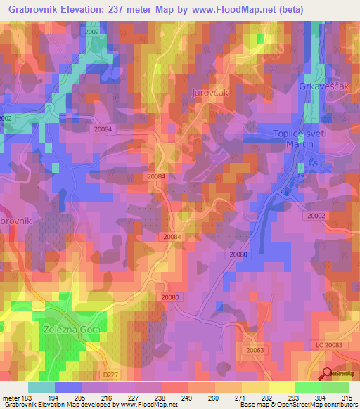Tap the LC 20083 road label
tap(328, 345)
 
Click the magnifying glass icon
tap(327, 374)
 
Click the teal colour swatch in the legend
tap(41, 387)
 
